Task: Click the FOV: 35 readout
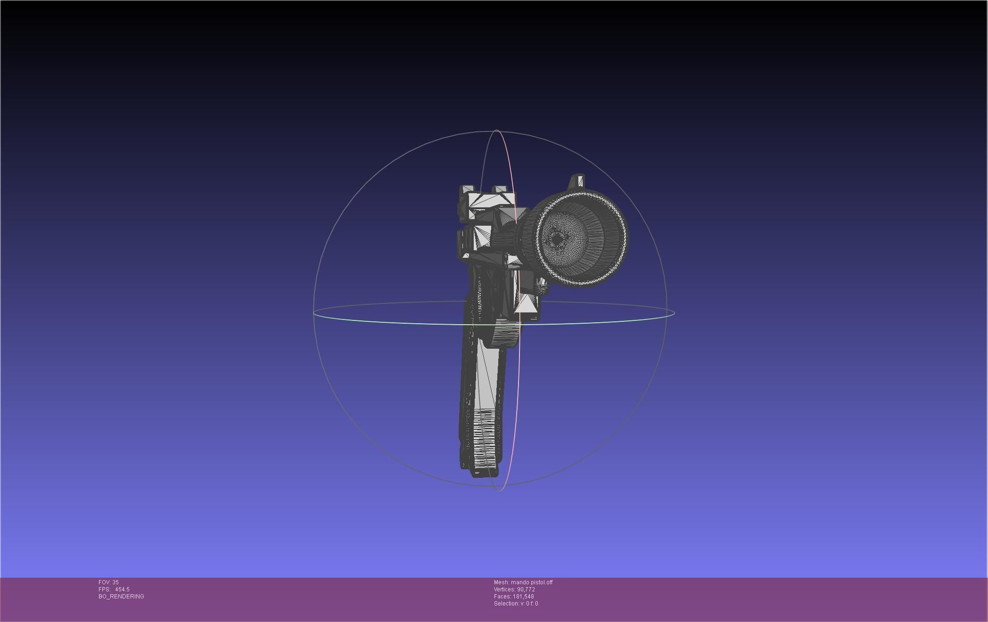click(108, 582)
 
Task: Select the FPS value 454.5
click(122, 589)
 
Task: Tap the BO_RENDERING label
click(121, 597)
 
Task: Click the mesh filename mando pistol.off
click(532, 582)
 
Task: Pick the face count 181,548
click(523, 597)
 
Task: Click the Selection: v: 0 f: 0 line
click(516, 604)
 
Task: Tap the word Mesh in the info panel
click(501, 582)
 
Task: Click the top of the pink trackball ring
click(497, 131)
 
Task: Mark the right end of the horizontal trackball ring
click(674, 312)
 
